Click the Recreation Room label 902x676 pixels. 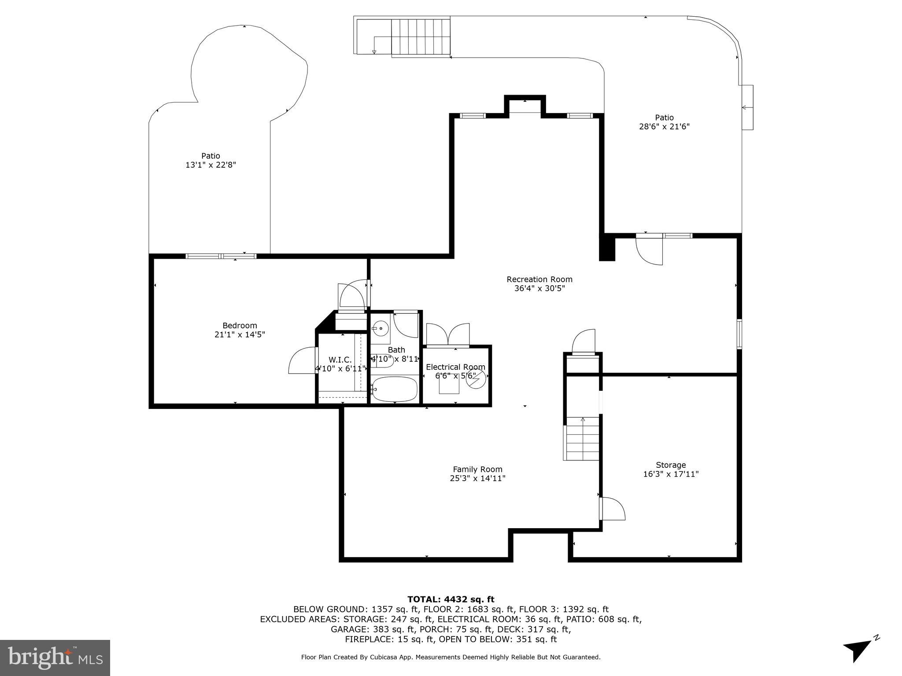point(539,279)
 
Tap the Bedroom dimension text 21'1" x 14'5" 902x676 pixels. point(240,334)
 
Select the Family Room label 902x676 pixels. point(477,470)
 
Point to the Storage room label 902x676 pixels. point(670,465)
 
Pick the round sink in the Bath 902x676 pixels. point(380,328)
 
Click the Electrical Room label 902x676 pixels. point(455,367)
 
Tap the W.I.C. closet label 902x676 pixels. point(340,360)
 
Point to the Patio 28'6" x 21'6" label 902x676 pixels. point(664,122)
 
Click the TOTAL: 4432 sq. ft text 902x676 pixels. point(451,599)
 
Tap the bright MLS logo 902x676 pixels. point(55,658)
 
